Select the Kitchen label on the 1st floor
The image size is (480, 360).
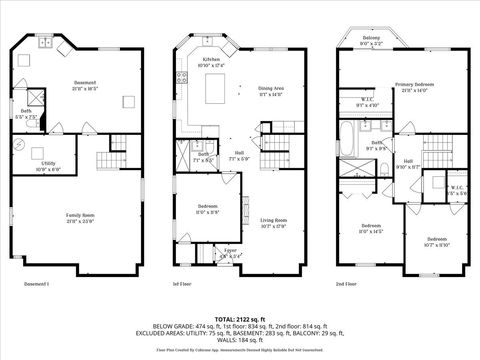[211, 62]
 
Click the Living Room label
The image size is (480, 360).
[274, 222]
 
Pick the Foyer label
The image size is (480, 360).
[230, 254]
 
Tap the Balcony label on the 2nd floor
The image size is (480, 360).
[371, 39]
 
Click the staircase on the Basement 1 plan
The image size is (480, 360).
[108, 161]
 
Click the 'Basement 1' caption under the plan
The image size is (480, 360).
[36, 284]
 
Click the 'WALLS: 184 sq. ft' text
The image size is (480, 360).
[239, 342]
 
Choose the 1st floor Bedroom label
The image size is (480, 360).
[207, 210]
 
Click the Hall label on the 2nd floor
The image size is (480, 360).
[408, 163]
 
